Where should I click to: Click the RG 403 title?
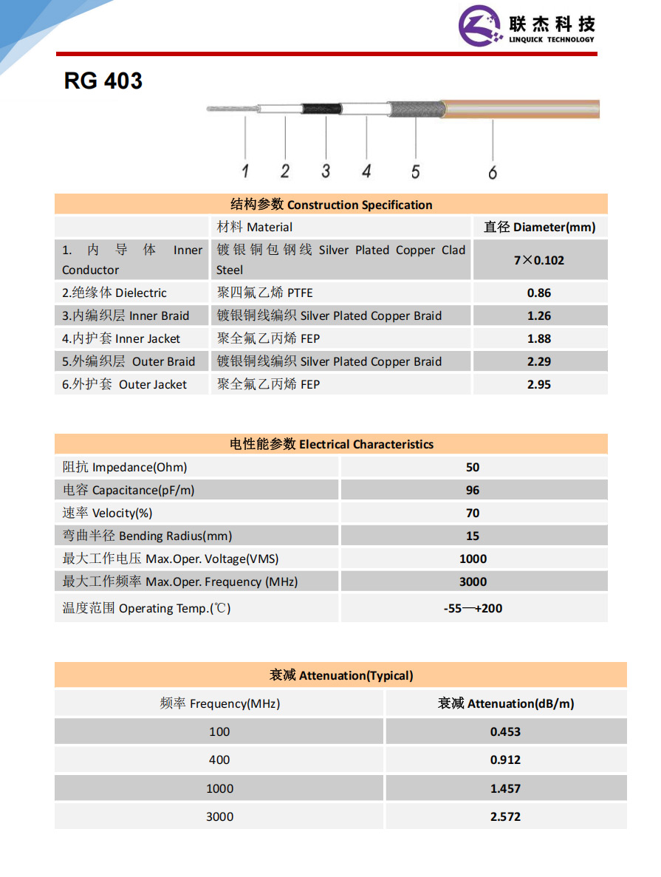(103, 81)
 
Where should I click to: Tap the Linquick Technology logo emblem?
(481, 27)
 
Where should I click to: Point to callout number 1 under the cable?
(245, 171)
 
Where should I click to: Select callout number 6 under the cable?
(493, 172)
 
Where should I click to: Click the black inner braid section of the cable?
(322, 109)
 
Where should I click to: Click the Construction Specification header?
(331, 205)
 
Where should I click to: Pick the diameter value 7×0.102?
(539, 260)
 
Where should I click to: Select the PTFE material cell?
(265, 293)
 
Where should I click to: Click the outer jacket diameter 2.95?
(539, 384)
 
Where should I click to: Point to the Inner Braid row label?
(126, 315)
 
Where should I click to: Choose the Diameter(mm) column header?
(539, 227)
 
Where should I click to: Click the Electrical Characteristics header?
(331, 444)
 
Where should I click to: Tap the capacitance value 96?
(473, 490)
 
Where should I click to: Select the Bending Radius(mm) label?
(147, 536)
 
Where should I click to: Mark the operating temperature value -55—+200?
(473, 609)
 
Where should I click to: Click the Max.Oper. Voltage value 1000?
(473, 559)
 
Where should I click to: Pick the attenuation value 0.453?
(505, 731)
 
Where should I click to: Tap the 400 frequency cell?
(219, 760)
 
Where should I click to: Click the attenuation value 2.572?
(505, 816)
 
